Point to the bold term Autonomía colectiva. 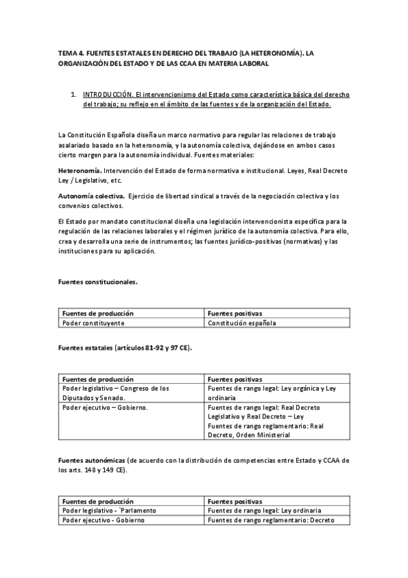[85, 196]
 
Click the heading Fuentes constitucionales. [97, 282]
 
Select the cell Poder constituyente [91, 323]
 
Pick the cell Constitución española [242, 323]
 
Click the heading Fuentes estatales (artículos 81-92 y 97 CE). [125, 348]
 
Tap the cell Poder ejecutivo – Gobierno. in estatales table [105, 407]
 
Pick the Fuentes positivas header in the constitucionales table [235, 314]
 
